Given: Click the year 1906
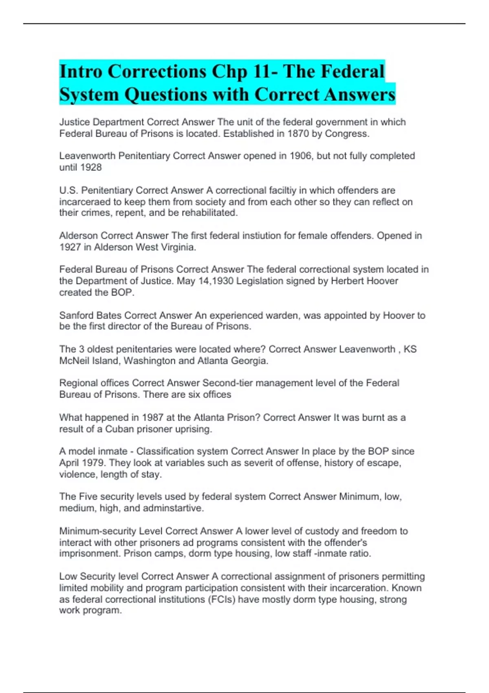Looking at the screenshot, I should [x=300, y=156].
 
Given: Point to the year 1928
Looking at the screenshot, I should [x=91, y=168].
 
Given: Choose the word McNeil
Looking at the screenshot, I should [x=75, y=361].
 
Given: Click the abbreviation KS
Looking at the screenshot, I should [x=410, y=349].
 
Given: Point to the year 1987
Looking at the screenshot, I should [x=153, y=417].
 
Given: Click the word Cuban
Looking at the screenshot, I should [x=119, y=429].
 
